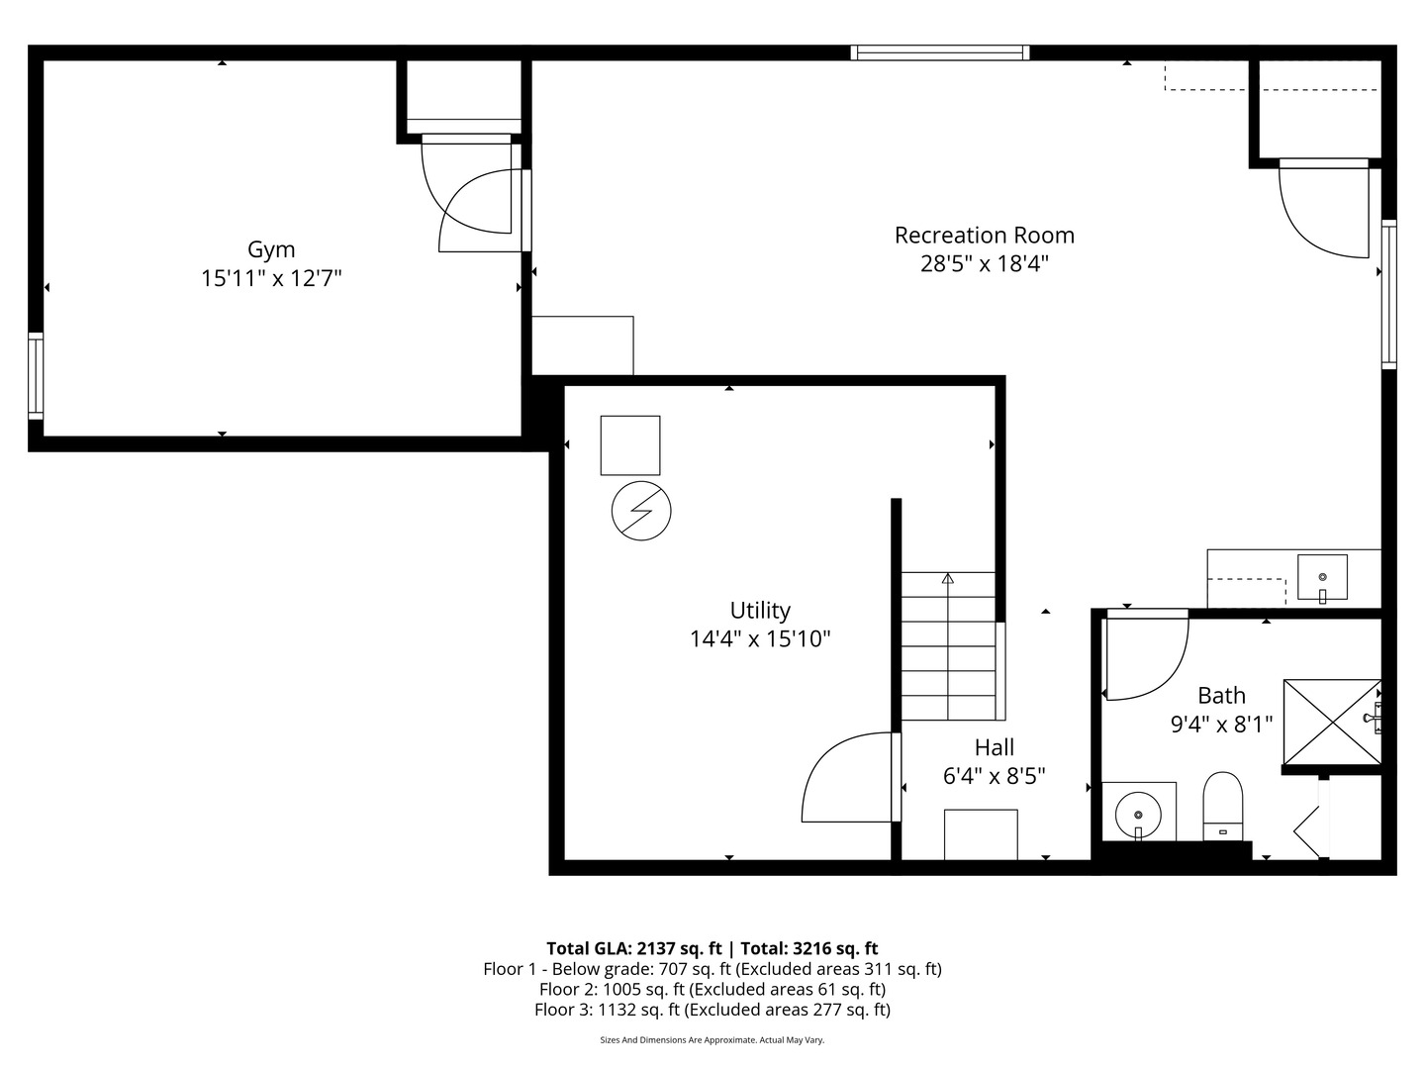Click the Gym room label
271,249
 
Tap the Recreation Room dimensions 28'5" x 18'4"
984,264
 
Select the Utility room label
760,610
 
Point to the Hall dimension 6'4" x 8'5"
994,776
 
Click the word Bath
1221,696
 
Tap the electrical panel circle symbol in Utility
641,511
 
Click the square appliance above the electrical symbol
630,445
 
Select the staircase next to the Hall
948,646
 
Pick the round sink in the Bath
1138,814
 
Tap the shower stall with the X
1331,722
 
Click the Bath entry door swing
1146,658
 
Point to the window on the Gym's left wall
36,376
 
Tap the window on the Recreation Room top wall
940,52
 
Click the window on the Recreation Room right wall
1388,294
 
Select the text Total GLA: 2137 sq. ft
634,948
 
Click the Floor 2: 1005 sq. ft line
712,989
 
